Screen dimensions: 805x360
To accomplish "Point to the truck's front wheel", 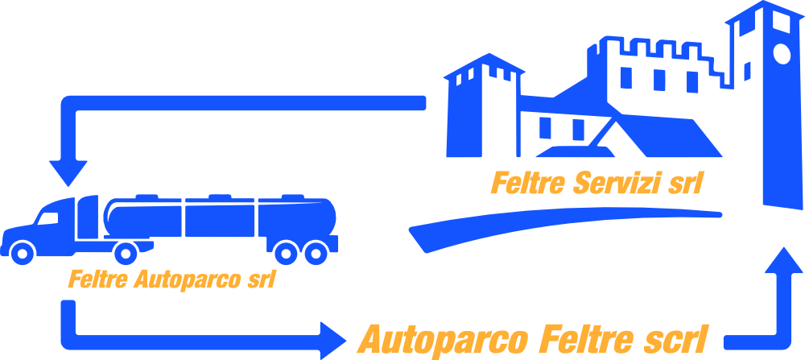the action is coord(22,252).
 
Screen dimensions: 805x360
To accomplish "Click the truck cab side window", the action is coord(47,218).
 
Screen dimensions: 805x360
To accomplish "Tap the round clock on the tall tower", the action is coord(782,54).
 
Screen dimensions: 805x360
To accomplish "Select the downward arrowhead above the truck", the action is coord(68,174).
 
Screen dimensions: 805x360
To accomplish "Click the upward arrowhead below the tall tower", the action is coord(783,260).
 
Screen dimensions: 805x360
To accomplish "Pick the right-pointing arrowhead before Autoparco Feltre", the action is coord(333,341).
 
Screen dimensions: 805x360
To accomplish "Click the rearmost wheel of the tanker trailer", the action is coord(316,252).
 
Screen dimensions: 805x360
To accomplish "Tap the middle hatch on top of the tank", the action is coord(220,197).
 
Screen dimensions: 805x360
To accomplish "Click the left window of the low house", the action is coord(545,128).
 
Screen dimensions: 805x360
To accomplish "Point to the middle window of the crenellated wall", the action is coord(659,80).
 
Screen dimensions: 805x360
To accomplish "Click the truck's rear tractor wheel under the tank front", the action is coord(126,253).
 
